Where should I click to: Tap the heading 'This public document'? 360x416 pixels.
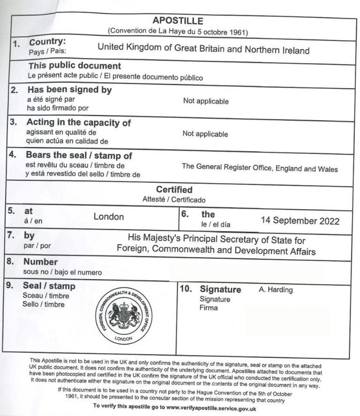point(75,66)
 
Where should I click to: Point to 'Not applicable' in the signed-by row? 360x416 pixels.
point(206,101)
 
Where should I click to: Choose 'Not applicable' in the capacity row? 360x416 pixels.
point(205,134)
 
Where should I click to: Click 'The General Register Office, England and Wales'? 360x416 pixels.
point(260,168)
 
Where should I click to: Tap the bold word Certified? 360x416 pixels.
point(174,189)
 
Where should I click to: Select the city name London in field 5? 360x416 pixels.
point(109,217)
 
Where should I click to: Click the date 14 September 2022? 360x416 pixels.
point(300,220)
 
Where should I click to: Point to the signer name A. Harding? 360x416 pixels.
point(276,290)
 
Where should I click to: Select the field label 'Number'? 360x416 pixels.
point(40,262)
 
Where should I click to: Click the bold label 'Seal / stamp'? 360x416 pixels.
point(49,286)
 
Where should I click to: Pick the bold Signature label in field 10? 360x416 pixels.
point(220,289)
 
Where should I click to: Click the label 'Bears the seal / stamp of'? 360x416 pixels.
point(79,155)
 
